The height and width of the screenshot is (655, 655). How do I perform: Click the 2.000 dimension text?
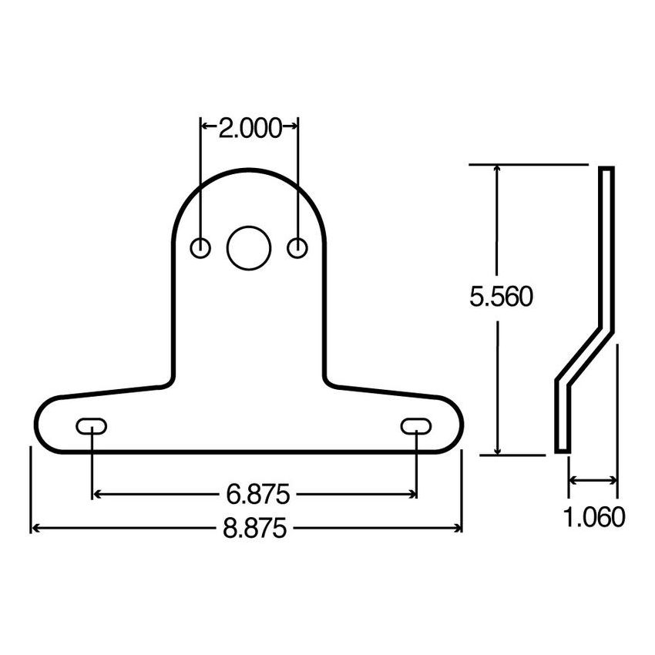coord(250,129)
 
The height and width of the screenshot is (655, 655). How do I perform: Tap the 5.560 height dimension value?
coord(501,297)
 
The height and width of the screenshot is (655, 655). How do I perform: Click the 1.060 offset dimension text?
coord(593,517)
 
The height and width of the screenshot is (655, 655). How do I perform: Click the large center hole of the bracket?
coord(249,248)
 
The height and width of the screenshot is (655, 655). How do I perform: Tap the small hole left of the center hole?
coord(200,248)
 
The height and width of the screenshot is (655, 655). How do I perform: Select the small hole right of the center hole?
coord(297,248)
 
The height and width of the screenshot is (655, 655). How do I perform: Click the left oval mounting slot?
coord(91,425)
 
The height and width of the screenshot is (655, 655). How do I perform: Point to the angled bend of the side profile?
coord(586,354)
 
